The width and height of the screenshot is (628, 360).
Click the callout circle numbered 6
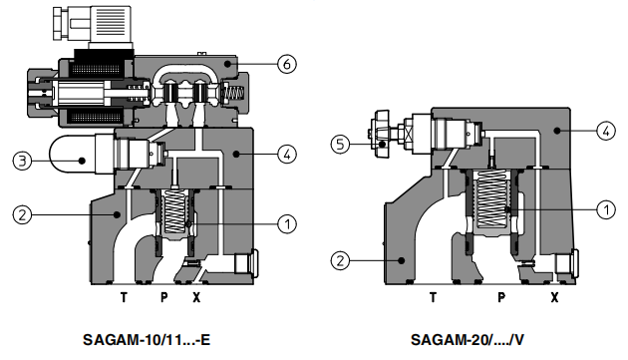tap(286, 65)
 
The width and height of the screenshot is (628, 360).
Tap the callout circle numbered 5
tap(342, 144)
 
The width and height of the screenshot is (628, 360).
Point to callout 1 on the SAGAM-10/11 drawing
tap(286, 223)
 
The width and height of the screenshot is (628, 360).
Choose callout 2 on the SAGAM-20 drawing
tap(342, 261)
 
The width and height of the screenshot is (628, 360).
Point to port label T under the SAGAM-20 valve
tap(433, 296)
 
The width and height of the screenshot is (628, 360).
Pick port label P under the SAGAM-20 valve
tap(500, 296)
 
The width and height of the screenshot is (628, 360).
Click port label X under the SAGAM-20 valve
tap(553, 296)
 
